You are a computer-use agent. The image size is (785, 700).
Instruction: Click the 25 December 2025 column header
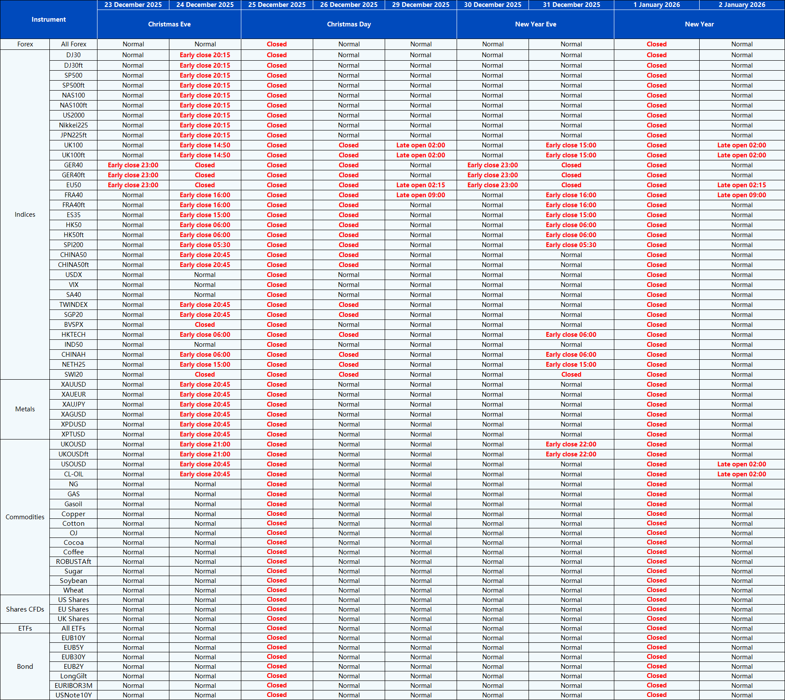tap(277, 5)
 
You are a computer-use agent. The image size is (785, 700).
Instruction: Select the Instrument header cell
tap(49, 20)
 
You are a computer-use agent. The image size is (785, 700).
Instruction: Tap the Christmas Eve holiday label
tap(169, 24)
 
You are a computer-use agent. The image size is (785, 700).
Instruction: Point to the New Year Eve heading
tap(535, 24)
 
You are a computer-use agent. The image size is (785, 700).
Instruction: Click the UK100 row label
tap(73, 145)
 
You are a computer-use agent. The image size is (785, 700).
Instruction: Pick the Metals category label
tap(25, 409)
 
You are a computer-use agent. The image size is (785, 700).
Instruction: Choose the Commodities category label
tap(25, 517)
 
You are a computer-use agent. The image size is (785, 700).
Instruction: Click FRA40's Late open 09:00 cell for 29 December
tap(421, 195)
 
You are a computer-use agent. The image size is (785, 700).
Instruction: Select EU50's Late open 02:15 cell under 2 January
tap(742, 185)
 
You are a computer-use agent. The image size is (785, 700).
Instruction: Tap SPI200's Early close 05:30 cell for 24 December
tap(205, 245)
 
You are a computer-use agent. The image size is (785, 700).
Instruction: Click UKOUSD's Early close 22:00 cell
tap(571, 444)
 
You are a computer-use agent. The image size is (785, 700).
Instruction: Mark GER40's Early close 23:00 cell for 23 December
tap(133, 165)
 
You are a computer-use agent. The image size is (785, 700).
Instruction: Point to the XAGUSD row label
tap(73, 414)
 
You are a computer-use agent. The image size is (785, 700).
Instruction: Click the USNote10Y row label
tap(73, 695)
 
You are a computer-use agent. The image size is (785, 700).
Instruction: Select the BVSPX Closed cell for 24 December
tap(205, 325)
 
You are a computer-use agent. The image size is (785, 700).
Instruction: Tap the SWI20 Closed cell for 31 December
tap(571, 374)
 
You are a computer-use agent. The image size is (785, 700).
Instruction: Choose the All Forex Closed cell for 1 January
tap(656, 44)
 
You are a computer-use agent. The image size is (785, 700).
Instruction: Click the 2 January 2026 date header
tap(742, 5)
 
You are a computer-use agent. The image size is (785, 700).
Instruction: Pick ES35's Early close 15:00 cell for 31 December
tap(571, 215)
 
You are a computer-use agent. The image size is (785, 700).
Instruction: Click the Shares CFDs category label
tap(25, 609)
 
